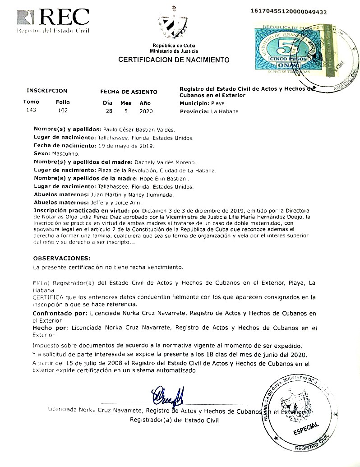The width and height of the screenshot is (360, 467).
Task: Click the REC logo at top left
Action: click(53, 20)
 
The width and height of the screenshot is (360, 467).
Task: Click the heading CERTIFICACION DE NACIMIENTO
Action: click(174, 60)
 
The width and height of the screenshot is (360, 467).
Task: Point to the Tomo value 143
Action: click(31, 110)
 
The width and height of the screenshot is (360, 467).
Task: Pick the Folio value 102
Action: click(63, 110)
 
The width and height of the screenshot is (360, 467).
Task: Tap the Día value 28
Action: click(109, 111)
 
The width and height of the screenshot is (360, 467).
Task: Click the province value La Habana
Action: click(225, 111)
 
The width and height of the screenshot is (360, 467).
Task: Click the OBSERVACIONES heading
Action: click(62, 259)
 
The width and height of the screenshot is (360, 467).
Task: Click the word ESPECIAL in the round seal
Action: click(307, 428)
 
